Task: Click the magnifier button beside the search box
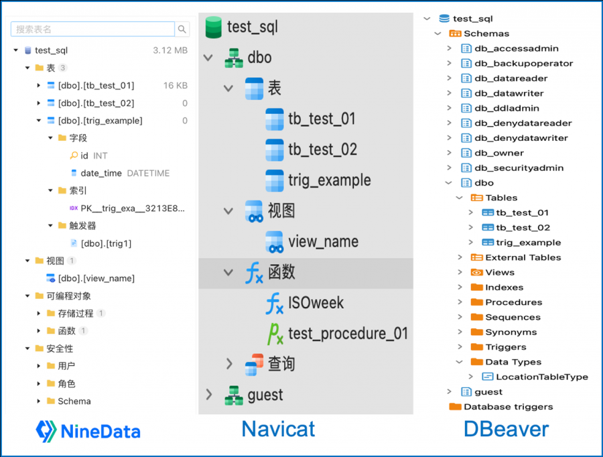coord(182,29)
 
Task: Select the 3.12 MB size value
coord(170,50)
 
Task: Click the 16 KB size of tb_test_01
coord(176,86)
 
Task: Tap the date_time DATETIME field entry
coord(125,173)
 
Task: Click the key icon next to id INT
coord(74,155)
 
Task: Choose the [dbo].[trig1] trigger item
coord(106,243)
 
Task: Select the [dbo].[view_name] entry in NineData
coord(96,278)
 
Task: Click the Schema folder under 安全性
coord(74,401)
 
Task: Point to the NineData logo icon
coord(46,430)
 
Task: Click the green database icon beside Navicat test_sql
coord(214,27)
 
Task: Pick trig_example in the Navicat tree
coord(329,180)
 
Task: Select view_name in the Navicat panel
coord(323,241)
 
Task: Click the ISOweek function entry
coord(316,303)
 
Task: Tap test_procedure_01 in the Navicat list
coord(348,333)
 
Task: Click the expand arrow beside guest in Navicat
coord(208,395)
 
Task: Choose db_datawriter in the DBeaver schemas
coord(509,93)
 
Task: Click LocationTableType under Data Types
coord(541,377)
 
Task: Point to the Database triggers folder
coord(508,407)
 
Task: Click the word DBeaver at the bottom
coord(506,429)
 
